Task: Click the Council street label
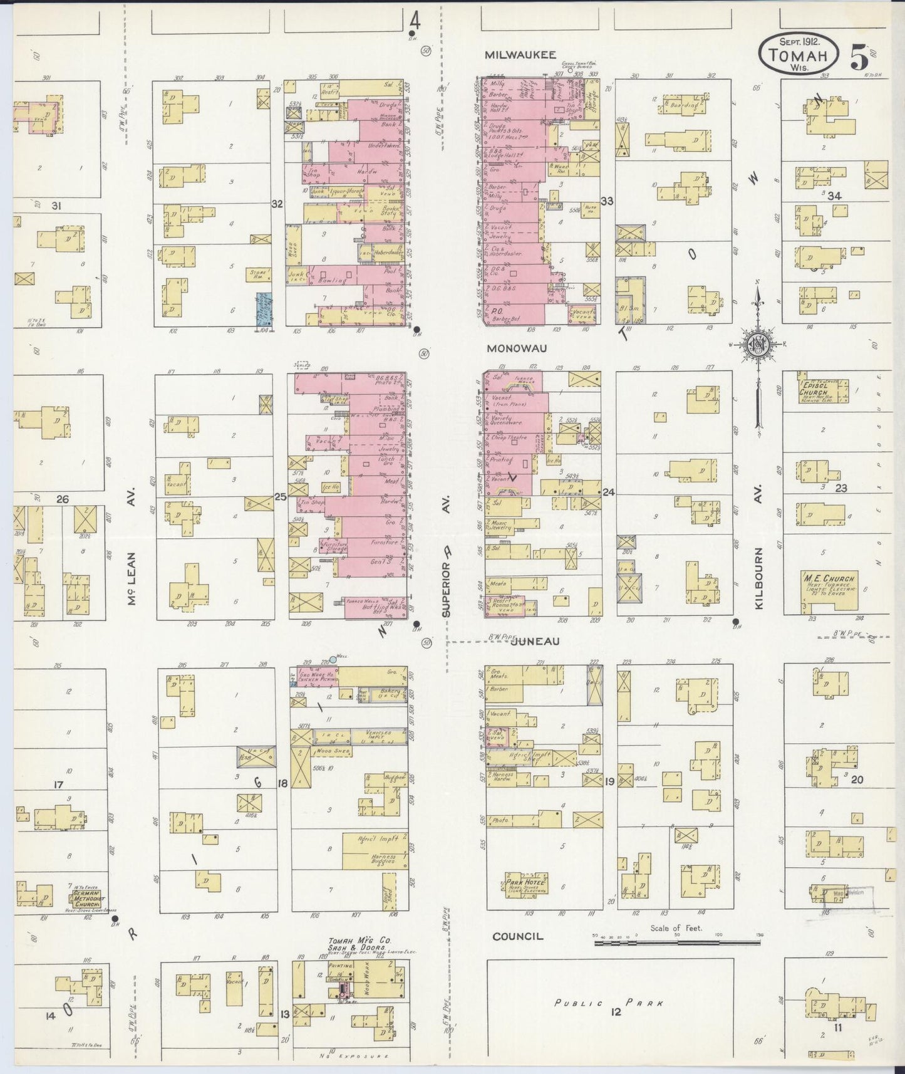517,937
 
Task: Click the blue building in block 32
262,309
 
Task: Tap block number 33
606,201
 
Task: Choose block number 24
608,493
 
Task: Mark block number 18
282,783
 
